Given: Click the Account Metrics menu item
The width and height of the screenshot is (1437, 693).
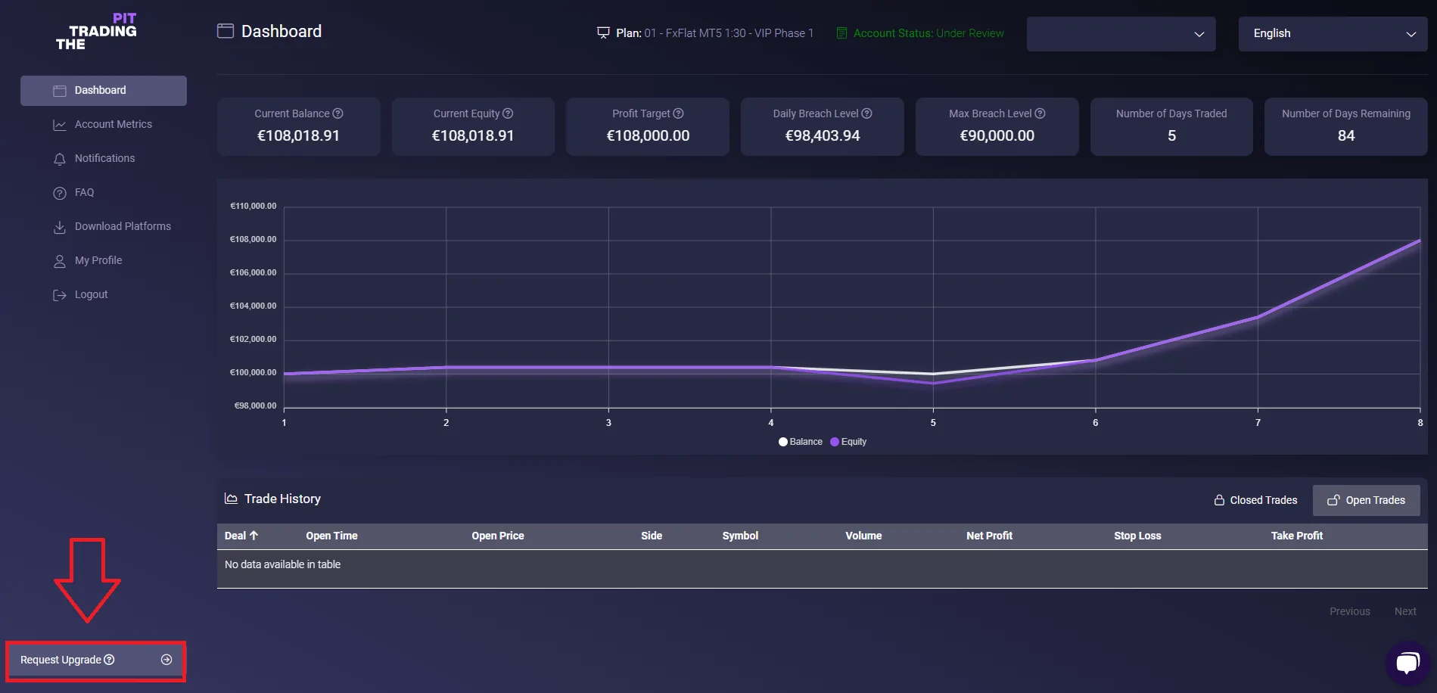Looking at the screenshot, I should (113, 124).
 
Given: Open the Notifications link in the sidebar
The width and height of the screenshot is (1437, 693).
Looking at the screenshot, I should (104, 158).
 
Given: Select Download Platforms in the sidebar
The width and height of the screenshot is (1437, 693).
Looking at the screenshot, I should (123, 226).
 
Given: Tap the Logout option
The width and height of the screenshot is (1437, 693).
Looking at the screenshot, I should (91, 294).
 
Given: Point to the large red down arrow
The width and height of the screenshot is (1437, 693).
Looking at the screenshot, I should (87, 580).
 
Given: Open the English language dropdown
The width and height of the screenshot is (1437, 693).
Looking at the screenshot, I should (1332, 34).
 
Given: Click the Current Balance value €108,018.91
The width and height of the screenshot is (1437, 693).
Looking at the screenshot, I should (298, 136).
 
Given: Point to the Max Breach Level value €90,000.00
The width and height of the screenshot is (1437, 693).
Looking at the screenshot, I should (997, 136).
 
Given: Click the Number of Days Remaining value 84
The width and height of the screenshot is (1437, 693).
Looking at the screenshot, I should (1345, 136).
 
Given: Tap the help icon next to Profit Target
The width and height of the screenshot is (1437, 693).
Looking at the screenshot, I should (679, 113).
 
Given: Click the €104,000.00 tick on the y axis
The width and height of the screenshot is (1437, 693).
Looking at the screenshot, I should (253, 306).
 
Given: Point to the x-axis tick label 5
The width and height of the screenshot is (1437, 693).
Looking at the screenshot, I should (933, 423).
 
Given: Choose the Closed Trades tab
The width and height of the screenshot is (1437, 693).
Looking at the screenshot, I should (1255, 500).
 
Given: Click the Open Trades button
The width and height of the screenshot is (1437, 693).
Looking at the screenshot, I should (1366, 500).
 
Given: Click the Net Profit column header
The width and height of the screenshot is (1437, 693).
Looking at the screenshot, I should (989, 536).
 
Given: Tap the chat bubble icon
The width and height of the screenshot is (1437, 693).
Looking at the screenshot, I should (1407, 663).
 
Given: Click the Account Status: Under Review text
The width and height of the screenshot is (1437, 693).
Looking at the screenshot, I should (928, 33).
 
